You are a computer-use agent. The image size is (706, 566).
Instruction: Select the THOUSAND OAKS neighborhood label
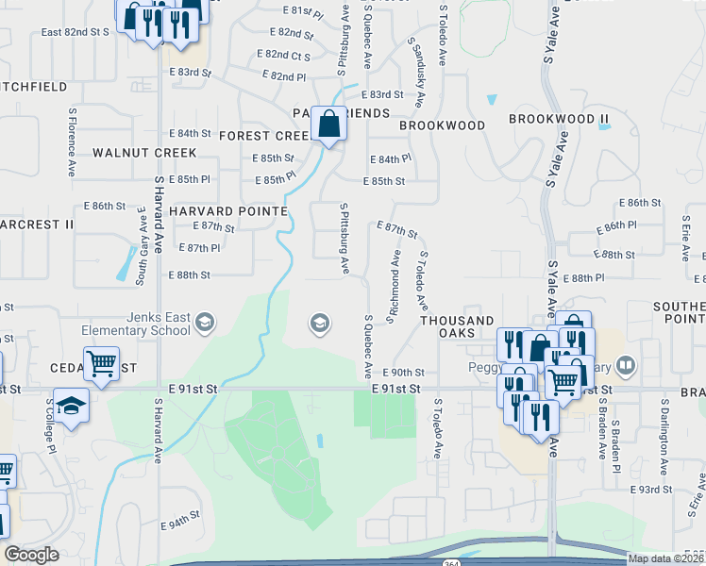(457, 321)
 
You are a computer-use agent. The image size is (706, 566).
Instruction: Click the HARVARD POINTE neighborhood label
(228, 211)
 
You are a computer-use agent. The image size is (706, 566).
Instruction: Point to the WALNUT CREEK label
(144, 153)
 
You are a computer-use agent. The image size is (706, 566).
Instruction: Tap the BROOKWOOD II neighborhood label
(559, 119)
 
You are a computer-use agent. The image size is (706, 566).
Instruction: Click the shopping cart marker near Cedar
(101, 362)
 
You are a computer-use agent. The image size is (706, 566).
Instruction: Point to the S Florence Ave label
(72, 141)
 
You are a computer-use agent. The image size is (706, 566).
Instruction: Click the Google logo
(31, 554)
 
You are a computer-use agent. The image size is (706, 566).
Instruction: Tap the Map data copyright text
(664, 558)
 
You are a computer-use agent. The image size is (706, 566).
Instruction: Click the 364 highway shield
(452, 562)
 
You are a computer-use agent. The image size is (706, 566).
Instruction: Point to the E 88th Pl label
(581, 278)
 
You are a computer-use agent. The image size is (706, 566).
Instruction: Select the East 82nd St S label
(76, 32)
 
